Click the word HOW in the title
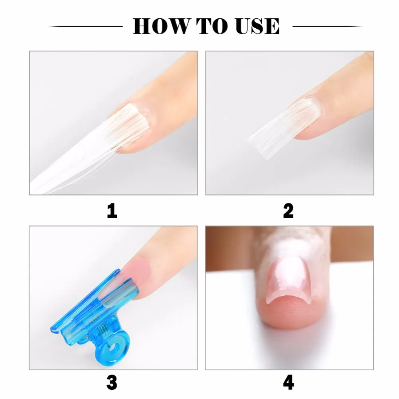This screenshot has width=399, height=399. (x=161, y=26)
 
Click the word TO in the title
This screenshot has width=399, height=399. (x=211, y=26)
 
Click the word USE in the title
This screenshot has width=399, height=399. (x=257, y=26)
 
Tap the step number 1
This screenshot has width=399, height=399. (x=112, y=211)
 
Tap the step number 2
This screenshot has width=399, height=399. (x=288, y=211)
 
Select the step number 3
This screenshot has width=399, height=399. (x=112, y=383)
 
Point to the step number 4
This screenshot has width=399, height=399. (x=288, y=383)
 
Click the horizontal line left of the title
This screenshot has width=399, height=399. (x=85, y=26)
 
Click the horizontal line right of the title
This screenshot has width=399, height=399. (x=328, y=26)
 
